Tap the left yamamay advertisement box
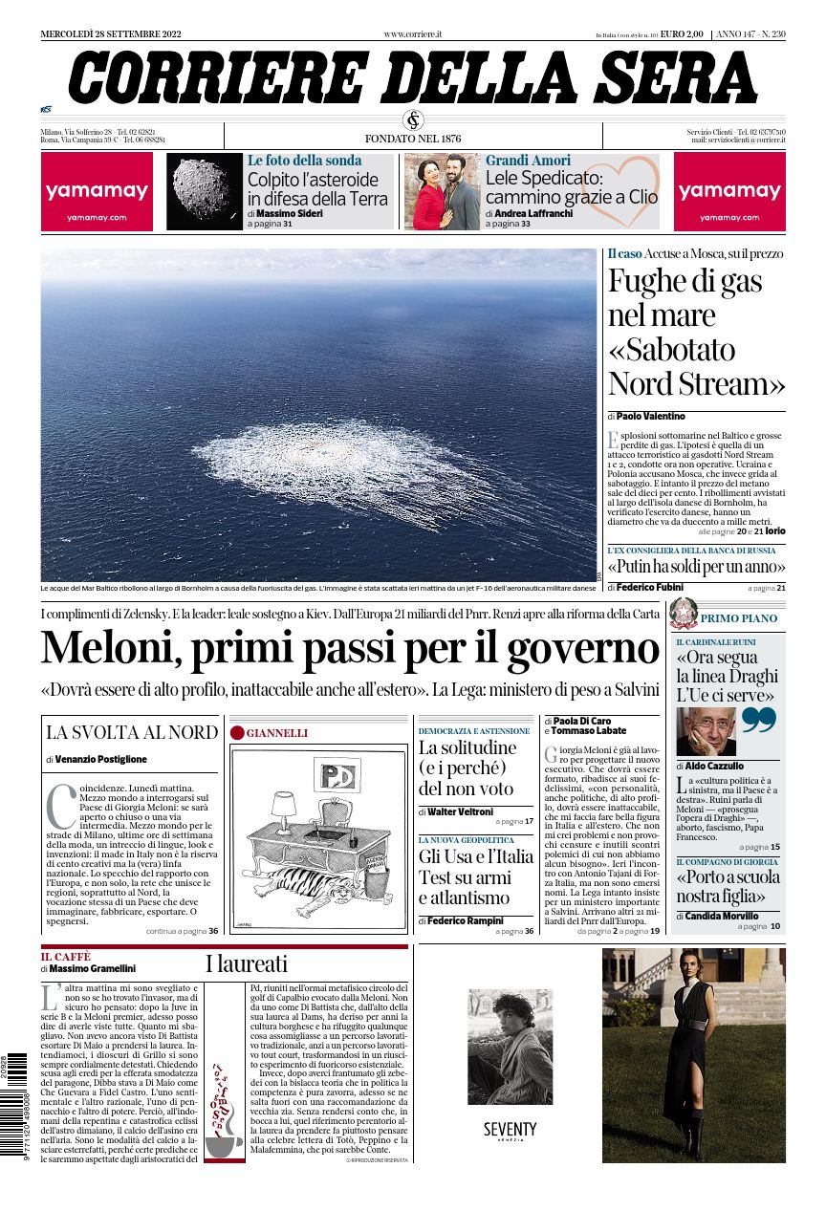click(98, 191)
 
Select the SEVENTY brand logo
click(510, 1131)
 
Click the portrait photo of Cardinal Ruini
click(706, 732)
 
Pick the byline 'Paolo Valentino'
click(652, 417)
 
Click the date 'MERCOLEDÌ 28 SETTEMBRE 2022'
click(111, 34)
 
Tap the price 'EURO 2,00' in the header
click(682, 34)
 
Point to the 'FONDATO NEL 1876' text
click(413, 138)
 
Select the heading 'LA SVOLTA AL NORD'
click(132, 733)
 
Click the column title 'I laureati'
click(247, 962)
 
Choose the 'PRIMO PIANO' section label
click(739, 618)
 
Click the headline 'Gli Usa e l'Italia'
click(476, 855)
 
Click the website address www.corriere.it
click(413, 34)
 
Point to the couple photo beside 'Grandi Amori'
click(443, 191)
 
